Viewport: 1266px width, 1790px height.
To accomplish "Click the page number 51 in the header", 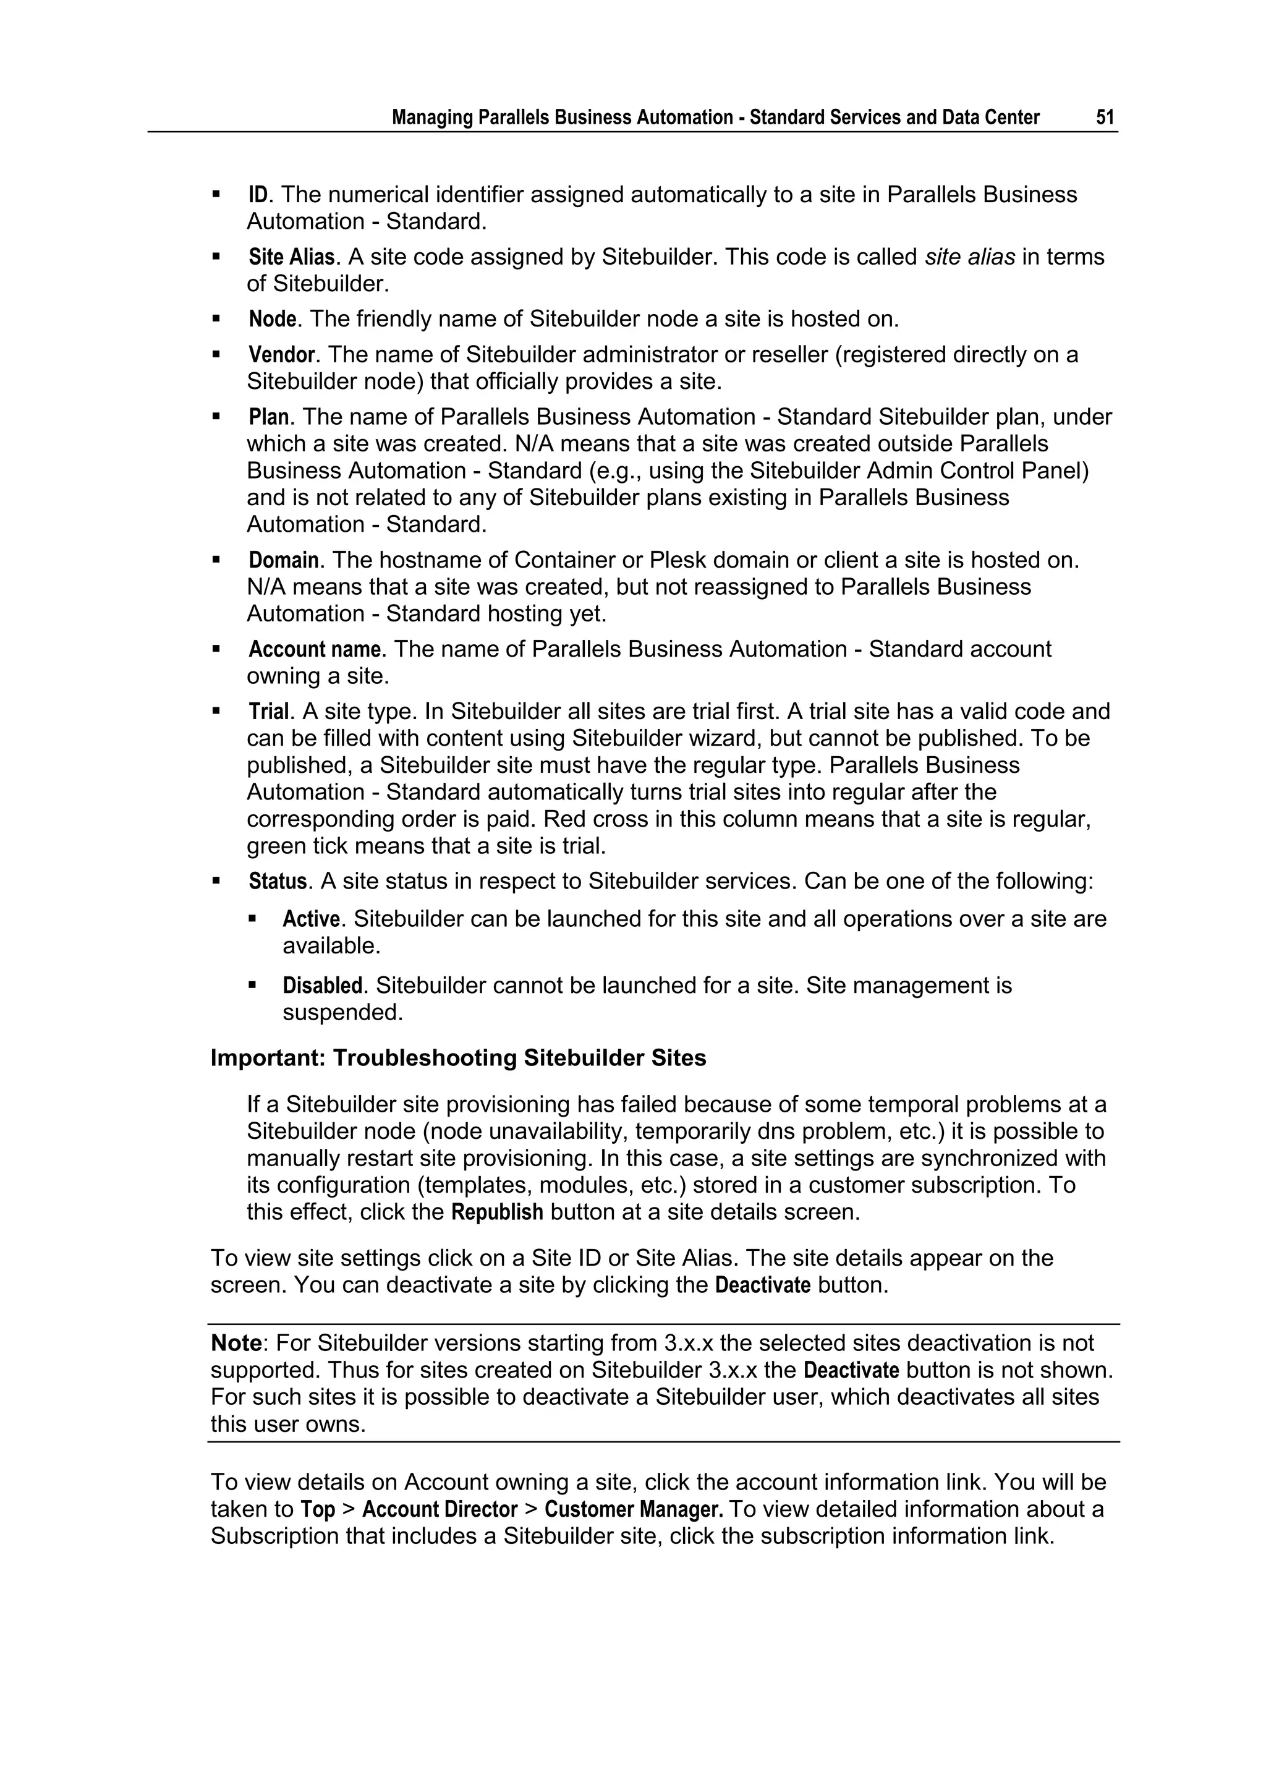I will click(1105, 117).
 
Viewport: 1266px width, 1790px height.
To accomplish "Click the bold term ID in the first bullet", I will click(257, 195).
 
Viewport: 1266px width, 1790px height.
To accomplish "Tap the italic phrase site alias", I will click(969, 257).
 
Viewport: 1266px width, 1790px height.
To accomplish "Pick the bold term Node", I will click(272, 320).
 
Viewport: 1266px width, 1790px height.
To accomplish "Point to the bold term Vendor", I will click(281, 356).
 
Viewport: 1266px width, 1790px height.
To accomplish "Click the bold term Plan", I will click(268, 418).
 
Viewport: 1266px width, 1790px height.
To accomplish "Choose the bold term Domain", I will click(284, 561).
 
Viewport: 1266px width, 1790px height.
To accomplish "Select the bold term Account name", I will click(314, 649).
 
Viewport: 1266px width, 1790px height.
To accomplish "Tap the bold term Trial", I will click(268, 712).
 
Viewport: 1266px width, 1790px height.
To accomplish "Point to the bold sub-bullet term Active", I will click(311, 919).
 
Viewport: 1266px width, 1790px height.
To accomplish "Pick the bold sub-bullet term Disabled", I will click(323, 986).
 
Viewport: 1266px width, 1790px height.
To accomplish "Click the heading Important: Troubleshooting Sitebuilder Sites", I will click(459, 1058).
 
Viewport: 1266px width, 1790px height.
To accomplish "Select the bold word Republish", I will click(498, 1213).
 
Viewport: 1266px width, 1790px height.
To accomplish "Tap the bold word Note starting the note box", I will click(236, 1344).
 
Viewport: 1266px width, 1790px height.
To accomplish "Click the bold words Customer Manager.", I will click(634, 1509).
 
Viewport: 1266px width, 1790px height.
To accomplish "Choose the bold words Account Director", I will click(440, 1509).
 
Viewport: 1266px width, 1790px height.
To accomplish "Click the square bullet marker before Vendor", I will click(217, 355).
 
